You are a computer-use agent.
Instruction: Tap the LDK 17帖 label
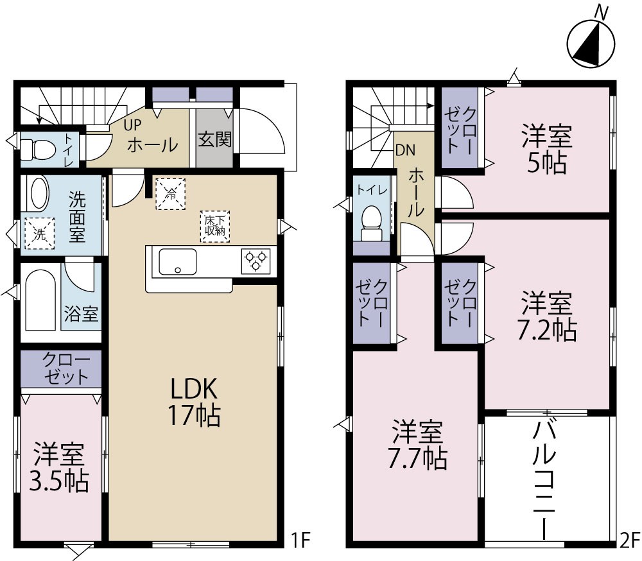[x=195, y=402]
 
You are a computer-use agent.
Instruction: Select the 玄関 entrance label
[x=214, y=139]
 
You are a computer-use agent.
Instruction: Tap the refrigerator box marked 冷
[x=170, y=193]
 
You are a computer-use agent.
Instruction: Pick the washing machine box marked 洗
[x=40, y=234]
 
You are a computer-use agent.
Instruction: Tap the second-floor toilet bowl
[x=371, y=220]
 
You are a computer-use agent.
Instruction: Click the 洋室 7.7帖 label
[x=419, y=445]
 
